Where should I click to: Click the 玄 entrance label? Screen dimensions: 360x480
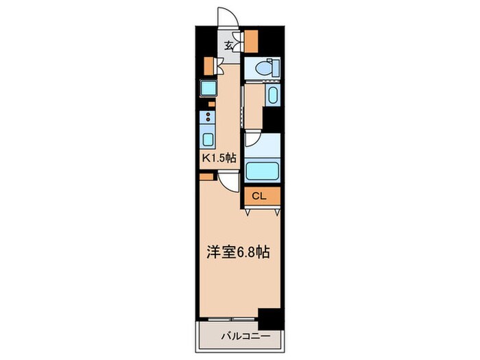coord(228,46)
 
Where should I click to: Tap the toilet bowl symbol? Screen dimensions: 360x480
coord(265,68)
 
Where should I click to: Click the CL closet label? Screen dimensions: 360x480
coord(258,197)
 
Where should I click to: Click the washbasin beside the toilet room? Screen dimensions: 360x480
coord(272,96)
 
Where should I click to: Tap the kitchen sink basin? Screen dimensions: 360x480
coord(208,139)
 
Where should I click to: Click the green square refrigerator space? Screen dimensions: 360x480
coord(206,87)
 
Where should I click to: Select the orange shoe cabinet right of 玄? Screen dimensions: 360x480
coord(252,42)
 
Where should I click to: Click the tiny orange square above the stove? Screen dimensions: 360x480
coord(211,104)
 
